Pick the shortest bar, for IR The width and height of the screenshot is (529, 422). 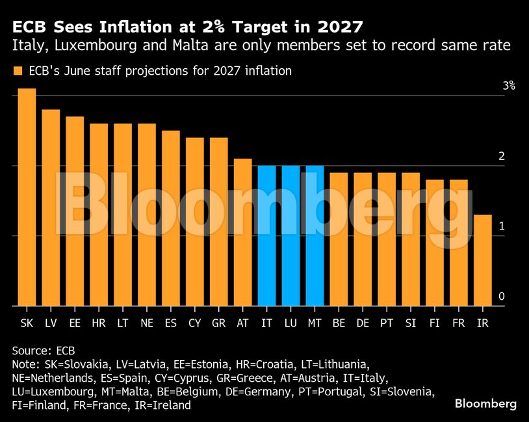pos(482,260)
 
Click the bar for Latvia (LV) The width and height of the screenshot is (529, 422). pos(51,207)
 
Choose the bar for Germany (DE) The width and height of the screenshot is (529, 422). pos(363,239)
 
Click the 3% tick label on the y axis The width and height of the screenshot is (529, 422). pos(508,86)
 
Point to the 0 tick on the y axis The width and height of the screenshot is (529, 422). pos(502,297)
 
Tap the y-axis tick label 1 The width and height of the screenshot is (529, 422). pos(502,226)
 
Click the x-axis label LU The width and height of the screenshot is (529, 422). pos(291,323)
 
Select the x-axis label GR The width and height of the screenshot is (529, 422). pos(219,323)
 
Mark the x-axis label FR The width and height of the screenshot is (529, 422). pos(459,323)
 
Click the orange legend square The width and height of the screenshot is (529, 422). pos(18,71)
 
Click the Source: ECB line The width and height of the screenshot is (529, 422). pos(44,350)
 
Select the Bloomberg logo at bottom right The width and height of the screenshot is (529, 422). pos(485,404)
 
